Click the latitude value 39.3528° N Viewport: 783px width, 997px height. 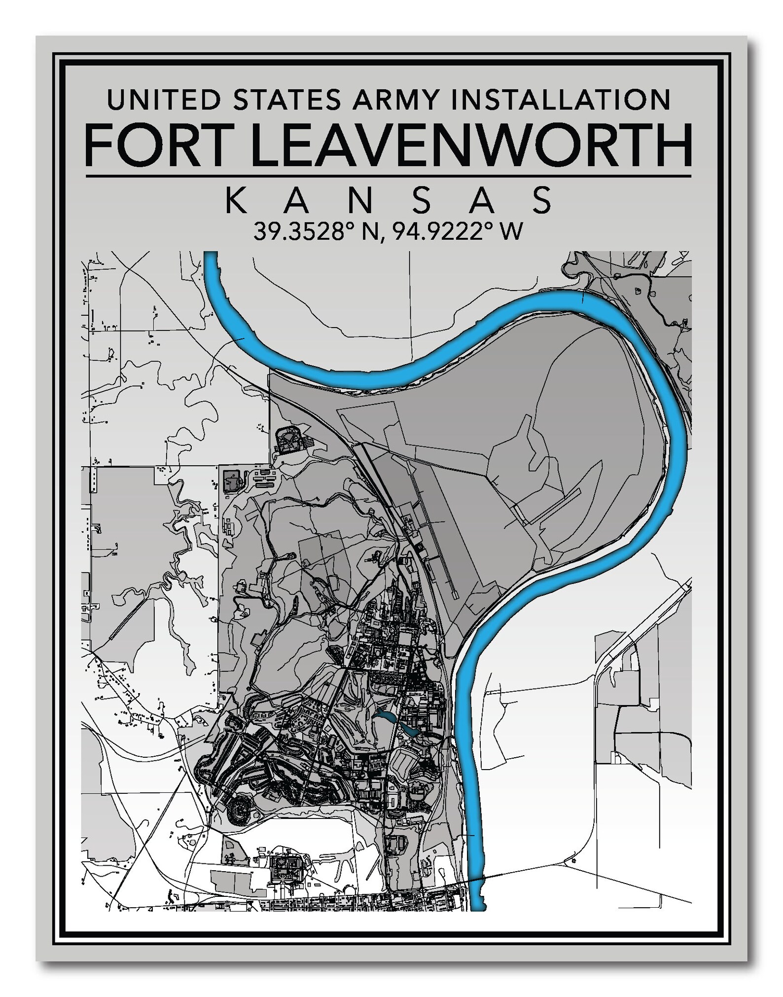coord(316,231)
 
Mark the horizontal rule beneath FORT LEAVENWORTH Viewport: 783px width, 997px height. coord(388,176)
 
